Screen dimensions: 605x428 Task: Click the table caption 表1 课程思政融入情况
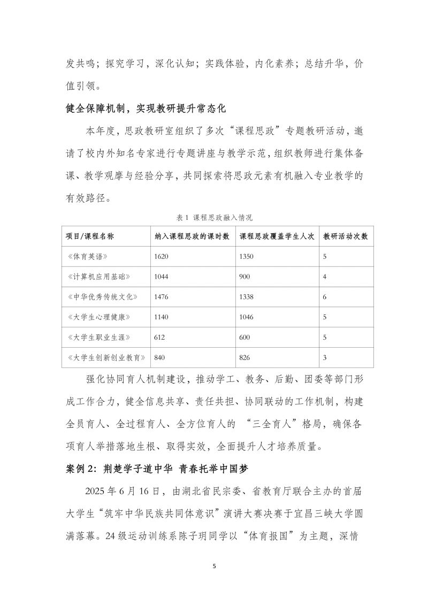pos(214,218)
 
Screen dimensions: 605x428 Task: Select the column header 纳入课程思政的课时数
pos(192,236)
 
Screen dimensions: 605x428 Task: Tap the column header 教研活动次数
pos(346,236)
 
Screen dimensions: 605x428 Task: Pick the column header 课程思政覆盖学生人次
pos(277,236)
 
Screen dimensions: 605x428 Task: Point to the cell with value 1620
pos(161,257)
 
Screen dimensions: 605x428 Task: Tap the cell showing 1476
pos(161,297)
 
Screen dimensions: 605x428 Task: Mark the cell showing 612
pos(159,337)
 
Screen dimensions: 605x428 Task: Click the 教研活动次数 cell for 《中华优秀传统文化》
pos(325,297)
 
